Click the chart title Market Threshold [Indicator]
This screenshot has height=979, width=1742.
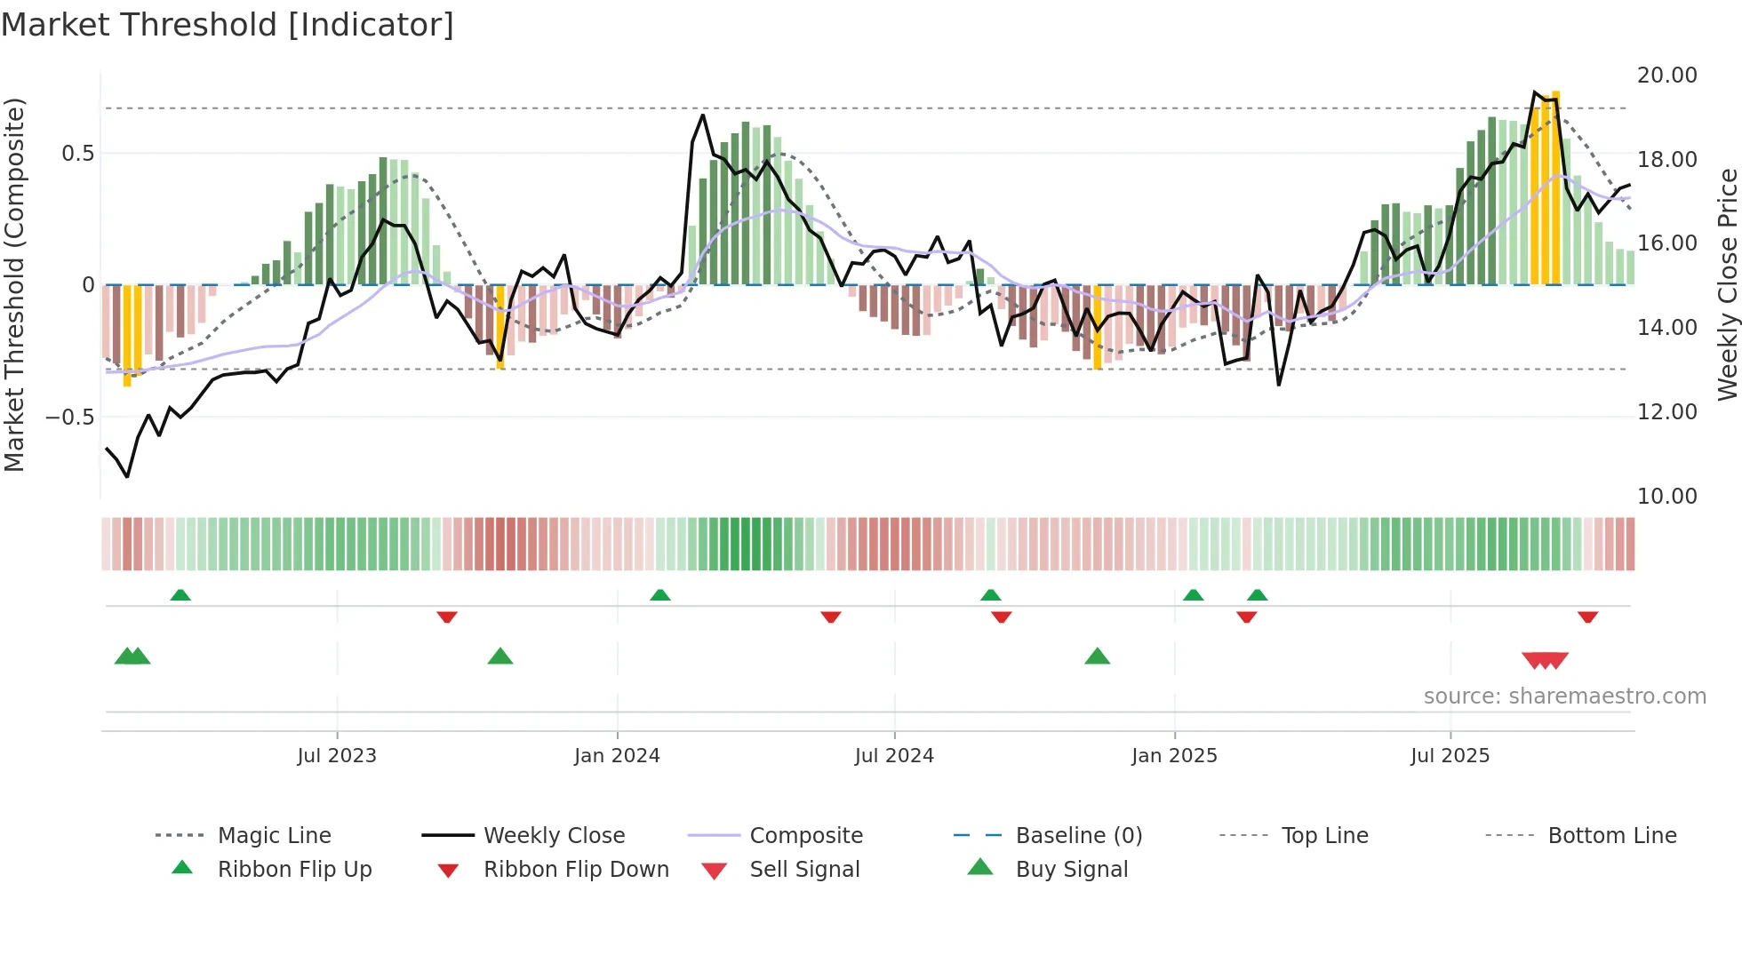(228, 25)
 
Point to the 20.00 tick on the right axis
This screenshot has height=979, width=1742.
(1666, 76)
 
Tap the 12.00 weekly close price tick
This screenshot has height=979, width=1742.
(1666, 412)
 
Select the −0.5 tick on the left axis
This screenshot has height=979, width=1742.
(69, 417)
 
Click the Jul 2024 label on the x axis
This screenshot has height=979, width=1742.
(894, 756)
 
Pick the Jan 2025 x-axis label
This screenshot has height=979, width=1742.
(1174, 756)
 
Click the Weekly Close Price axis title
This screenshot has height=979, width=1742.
(1727, 284)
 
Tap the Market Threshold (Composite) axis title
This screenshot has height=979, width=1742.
(14, 284)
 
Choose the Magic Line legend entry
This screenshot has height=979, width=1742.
(274, 836)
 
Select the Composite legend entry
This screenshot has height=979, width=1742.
(805, 836)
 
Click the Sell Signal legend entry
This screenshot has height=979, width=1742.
(803, 870)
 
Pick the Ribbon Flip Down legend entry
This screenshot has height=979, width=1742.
(575, 870)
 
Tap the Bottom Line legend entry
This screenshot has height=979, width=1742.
(1611, 836)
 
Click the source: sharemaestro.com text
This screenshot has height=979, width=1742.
(1564, 696)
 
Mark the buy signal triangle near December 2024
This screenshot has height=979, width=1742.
(1098, 657)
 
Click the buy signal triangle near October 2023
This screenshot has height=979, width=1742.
(500, 657)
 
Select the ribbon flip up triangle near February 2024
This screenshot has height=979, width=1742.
(659, 595)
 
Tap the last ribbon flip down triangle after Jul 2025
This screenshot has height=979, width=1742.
(1587, 617)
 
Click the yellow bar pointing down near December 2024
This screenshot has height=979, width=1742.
(1098, 327)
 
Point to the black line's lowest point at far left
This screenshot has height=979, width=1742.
(127, 476)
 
